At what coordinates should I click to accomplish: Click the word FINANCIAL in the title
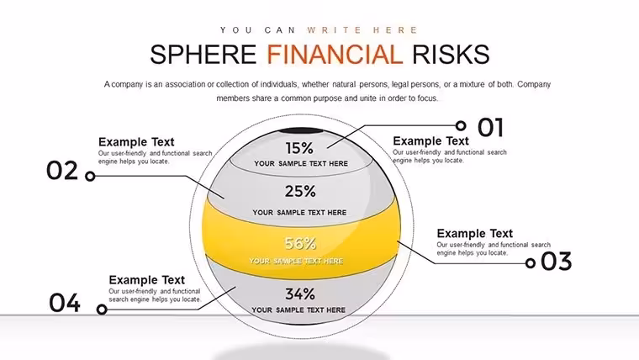[x=335, y=55]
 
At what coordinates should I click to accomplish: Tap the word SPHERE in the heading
[x=203, y=55]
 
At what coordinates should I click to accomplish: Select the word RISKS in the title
[x=451, y=55]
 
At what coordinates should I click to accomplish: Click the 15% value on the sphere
[x=299, y=148]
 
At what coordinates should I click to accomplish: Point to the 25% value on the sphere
[x=300, y=191]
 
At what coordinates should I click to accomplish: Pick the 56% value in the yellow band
[x=300, y=243]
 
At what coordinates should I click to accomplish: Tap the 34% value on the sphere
[x=300, y=294]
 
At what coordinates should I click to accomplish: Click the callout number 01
[x=491, y=127]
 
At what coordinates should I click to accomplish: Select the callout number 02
[x=62, y=171]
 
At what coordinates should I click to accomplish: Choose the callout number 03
[x=557, y=262]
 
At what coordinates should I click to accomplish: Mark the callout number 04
[x=65, y=303]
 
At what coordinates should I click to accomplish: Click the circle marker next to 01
[x=461, y=125]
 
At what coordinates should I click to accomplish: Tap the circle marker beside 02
[x=90, y=176]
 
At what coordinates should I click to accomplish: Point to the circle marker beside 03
[x=531, y=263]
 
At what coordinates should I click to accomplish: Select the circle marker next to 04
[x=102, y=310]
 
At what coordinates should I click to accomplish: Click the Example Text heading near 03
[x=475, y=234]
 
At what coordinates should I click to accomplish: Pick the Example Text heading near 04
[x=146, y=280]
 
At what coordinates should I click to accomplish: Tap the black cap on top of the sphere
[x=300, y=130]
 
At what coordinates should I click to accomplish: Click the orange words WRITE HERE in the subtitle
[x=362, y=30]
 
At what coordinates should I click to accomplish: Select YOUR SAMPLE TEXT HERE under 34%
[x=298, y=310]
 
